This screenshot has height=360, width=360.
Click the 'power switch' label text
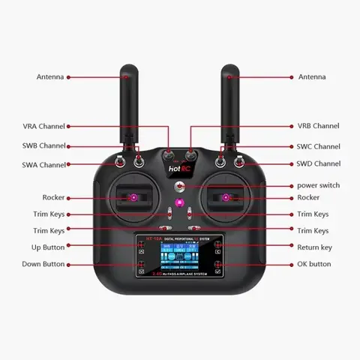(319, 185)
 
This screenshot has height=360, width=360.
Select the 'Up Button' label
(47, 247)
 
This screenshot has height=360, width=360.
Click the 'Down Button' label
(43, 264)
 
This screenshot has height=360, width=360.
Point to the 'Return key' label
(314, 247)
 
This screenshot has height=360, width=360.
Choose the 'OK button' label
(314, 264)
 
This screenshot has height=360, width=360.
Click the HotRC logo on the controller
(179, 169)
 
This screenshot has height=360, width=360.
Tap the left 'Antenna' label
(50, 76)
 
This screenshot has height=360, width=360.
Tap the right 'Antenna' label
(312, 76)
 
